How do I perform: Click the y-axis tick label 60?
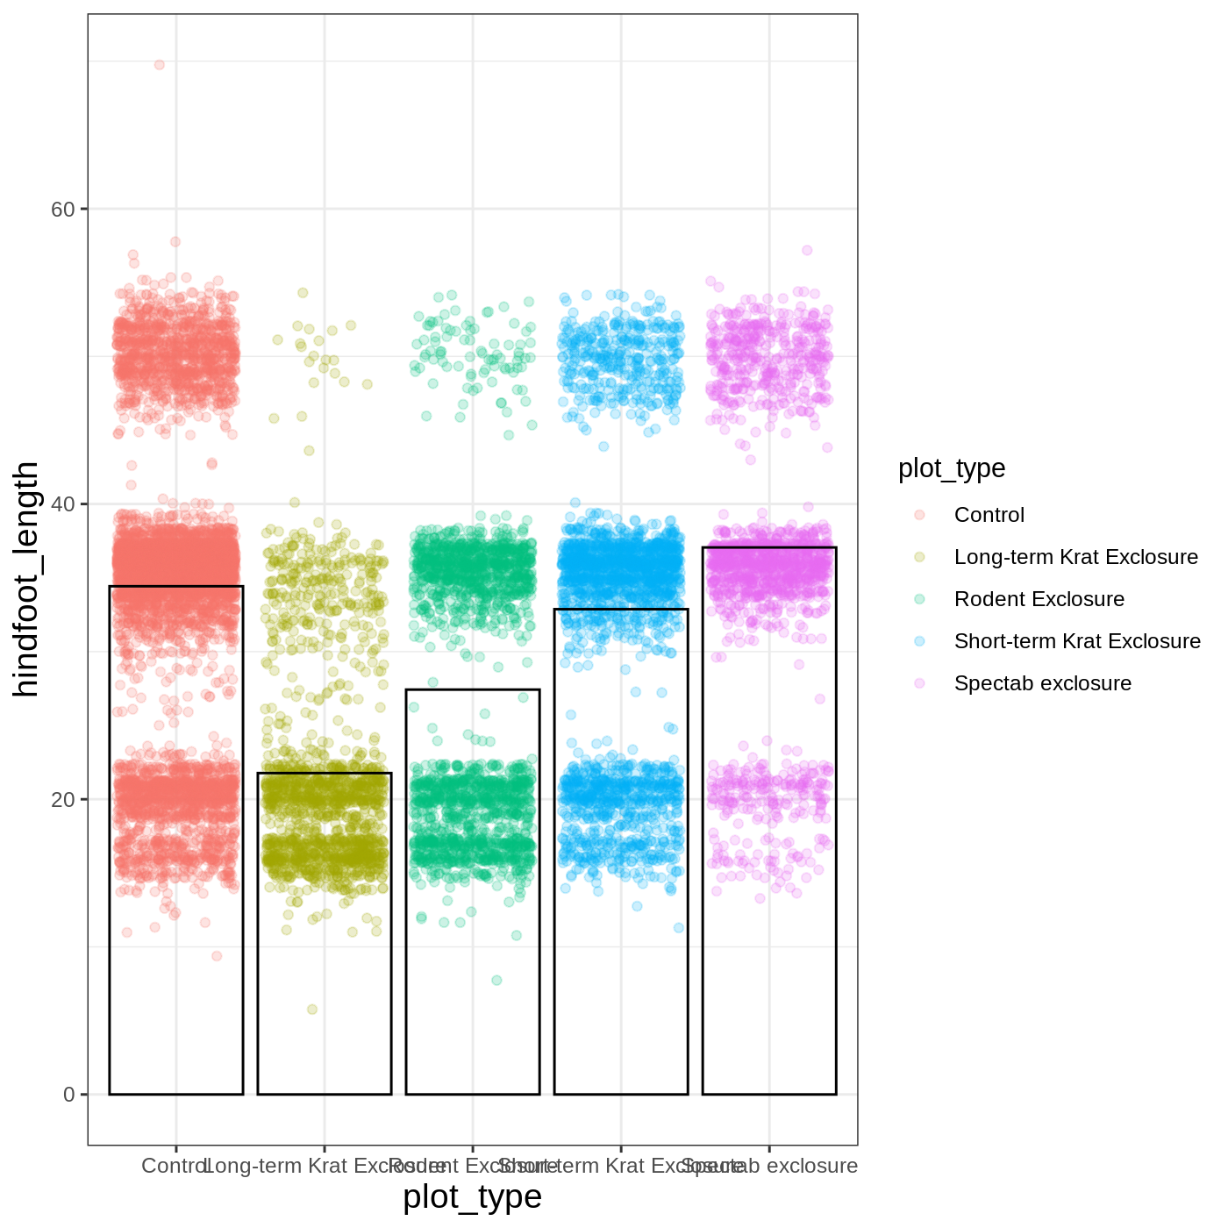(62, 209)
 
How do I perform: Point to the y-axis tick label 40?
(62, 504)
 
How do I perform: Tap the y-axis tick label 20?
(62, 799)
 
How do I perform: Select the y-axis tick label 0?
(68, 1095)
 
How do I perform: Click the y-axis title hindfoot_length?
(26, 579)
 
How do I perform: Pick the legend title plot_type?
(952, 468)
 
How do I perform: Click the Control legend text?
(989, 515)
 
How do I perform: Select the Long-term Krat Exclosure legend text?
(1075, 557)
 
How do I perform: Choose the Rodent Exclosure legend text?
(1039, 599)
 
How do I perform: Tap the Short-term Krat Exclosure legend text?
(1077, 641)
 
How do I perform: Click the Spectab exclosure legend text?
(1042, 683)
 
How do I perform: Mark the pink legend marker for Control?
(919, 515)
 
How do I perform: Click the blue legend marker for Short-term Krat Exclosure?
(919, 641)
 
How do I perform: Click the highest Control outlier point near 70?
(159, 65)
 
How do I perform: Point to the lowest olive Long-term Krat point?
(311, 1010)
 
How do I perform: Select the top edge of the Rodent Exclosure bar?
(473, 690)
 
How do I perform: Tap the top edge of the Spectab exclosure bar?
(769, 548)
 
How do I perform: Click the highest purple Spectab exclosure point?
(807, 251)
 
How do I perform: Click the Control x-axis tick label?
(174, 1166)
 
